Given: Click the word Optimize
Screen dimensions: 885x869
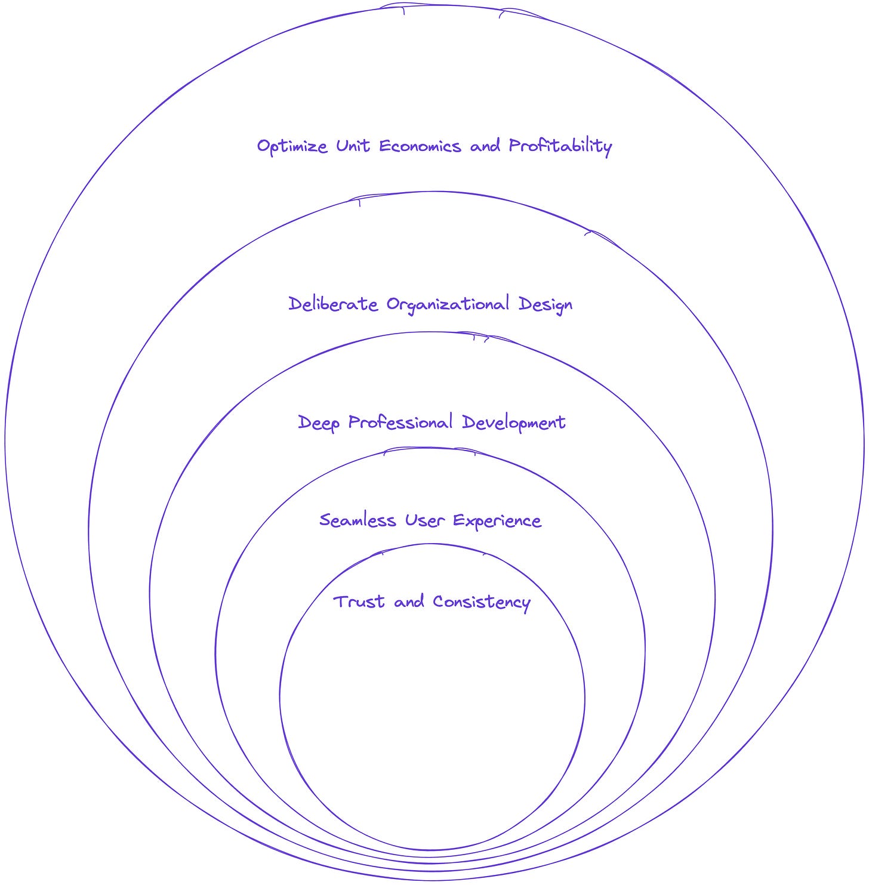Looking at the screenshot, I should coord(292,147).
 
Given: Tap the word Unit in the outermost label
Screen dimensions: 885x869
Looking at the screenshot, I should coord(353,146).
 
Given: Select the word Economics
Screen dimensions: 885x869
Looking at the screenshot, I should coord(420,146).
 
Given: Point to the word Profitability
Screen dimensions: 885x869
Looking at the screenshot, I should coord(560,147).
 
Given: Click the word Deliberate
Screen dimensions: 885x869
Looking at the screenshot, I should coord(333,304).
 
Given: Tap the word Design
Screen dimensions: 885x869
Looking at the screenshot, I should coord(546,305).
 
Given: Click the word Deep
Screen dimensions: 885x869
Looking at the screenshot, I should coord(319,423).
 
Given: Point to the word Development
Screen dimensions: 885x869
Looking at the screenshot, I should coord(514,423).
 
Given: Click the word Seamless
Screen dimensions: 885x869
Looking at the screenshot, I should coord(358,520).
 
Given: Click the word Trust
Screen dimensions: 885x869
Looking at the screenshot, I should coord(359,602).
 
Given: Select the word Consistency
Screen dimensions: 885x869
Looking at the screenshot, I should coord(481,602).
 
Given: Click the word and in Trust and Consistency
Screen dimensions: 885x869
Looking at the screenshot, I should coord(409,602).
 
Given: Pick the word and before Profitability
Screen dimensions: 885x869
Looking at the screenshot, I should coord(485,146).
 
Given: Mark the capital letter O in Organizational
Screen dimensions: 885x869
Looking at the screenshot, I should coord(393,304).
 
